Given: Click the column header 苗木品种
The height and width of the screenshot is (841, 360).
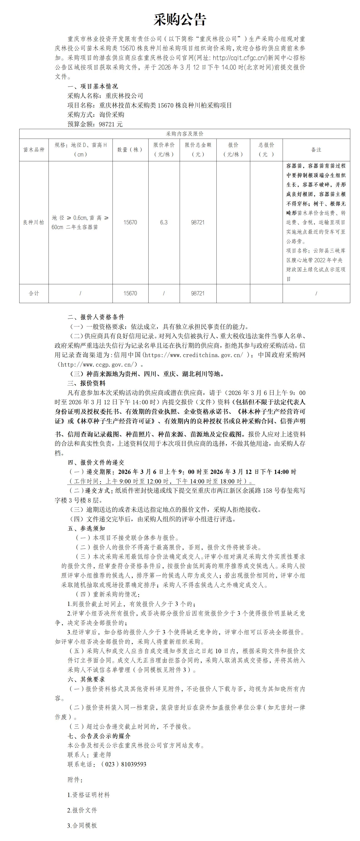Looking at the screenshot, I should pos(34,150).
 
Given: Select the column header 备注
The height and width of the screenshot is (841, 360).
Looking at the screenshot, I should pos(316,150).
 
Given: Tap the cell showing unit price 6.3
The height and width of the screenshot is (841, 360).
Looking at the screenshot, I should pos(164,222).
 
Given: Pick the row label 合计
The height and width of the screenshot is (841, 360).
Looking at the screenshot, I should pos(34,293).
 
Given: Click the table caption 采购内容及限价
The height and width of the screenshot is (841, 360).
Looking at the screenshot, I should pos(184,134).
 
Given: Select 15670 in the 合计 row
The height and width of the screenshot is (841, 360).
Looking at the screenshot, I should pos(130,293).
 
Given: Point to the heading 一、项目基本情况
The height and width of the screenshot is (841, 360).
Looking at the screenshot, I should pos(93,86).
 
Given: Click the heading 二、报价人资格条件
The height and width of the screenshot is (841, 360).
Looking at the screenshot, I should pos(96,317).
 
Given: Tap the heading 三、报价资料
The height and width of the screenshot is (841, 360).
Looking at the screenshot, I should pos(86,383).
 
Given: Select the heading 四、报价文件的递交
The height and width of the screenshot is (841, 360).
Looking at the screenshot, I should pos(96,462).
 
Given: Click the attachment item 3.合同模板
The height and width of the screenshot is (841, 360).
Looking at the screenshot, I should pos(82,825).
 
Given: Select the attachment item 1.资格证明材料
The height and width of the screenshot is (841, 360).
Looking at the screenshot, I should pos(88,795).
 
